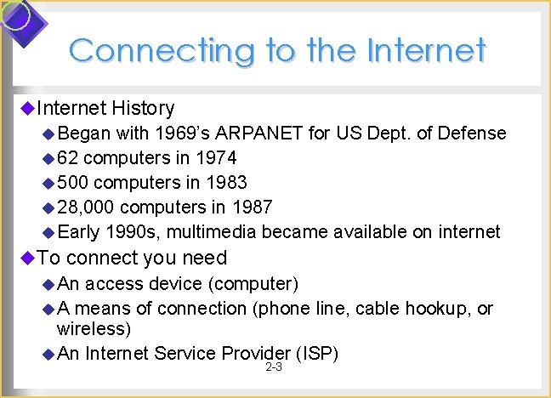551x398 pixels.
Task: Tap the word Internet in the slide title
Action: pos(426,50)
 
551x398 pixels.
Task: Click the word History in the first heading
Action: pos(143,108)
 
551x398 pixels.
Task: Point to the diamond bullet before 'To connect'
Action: pos(26,258)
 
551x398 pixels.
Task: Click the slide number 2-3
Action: pos(274,368)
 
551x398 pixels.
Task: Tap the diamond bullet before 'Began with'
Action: pos(48,134)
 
